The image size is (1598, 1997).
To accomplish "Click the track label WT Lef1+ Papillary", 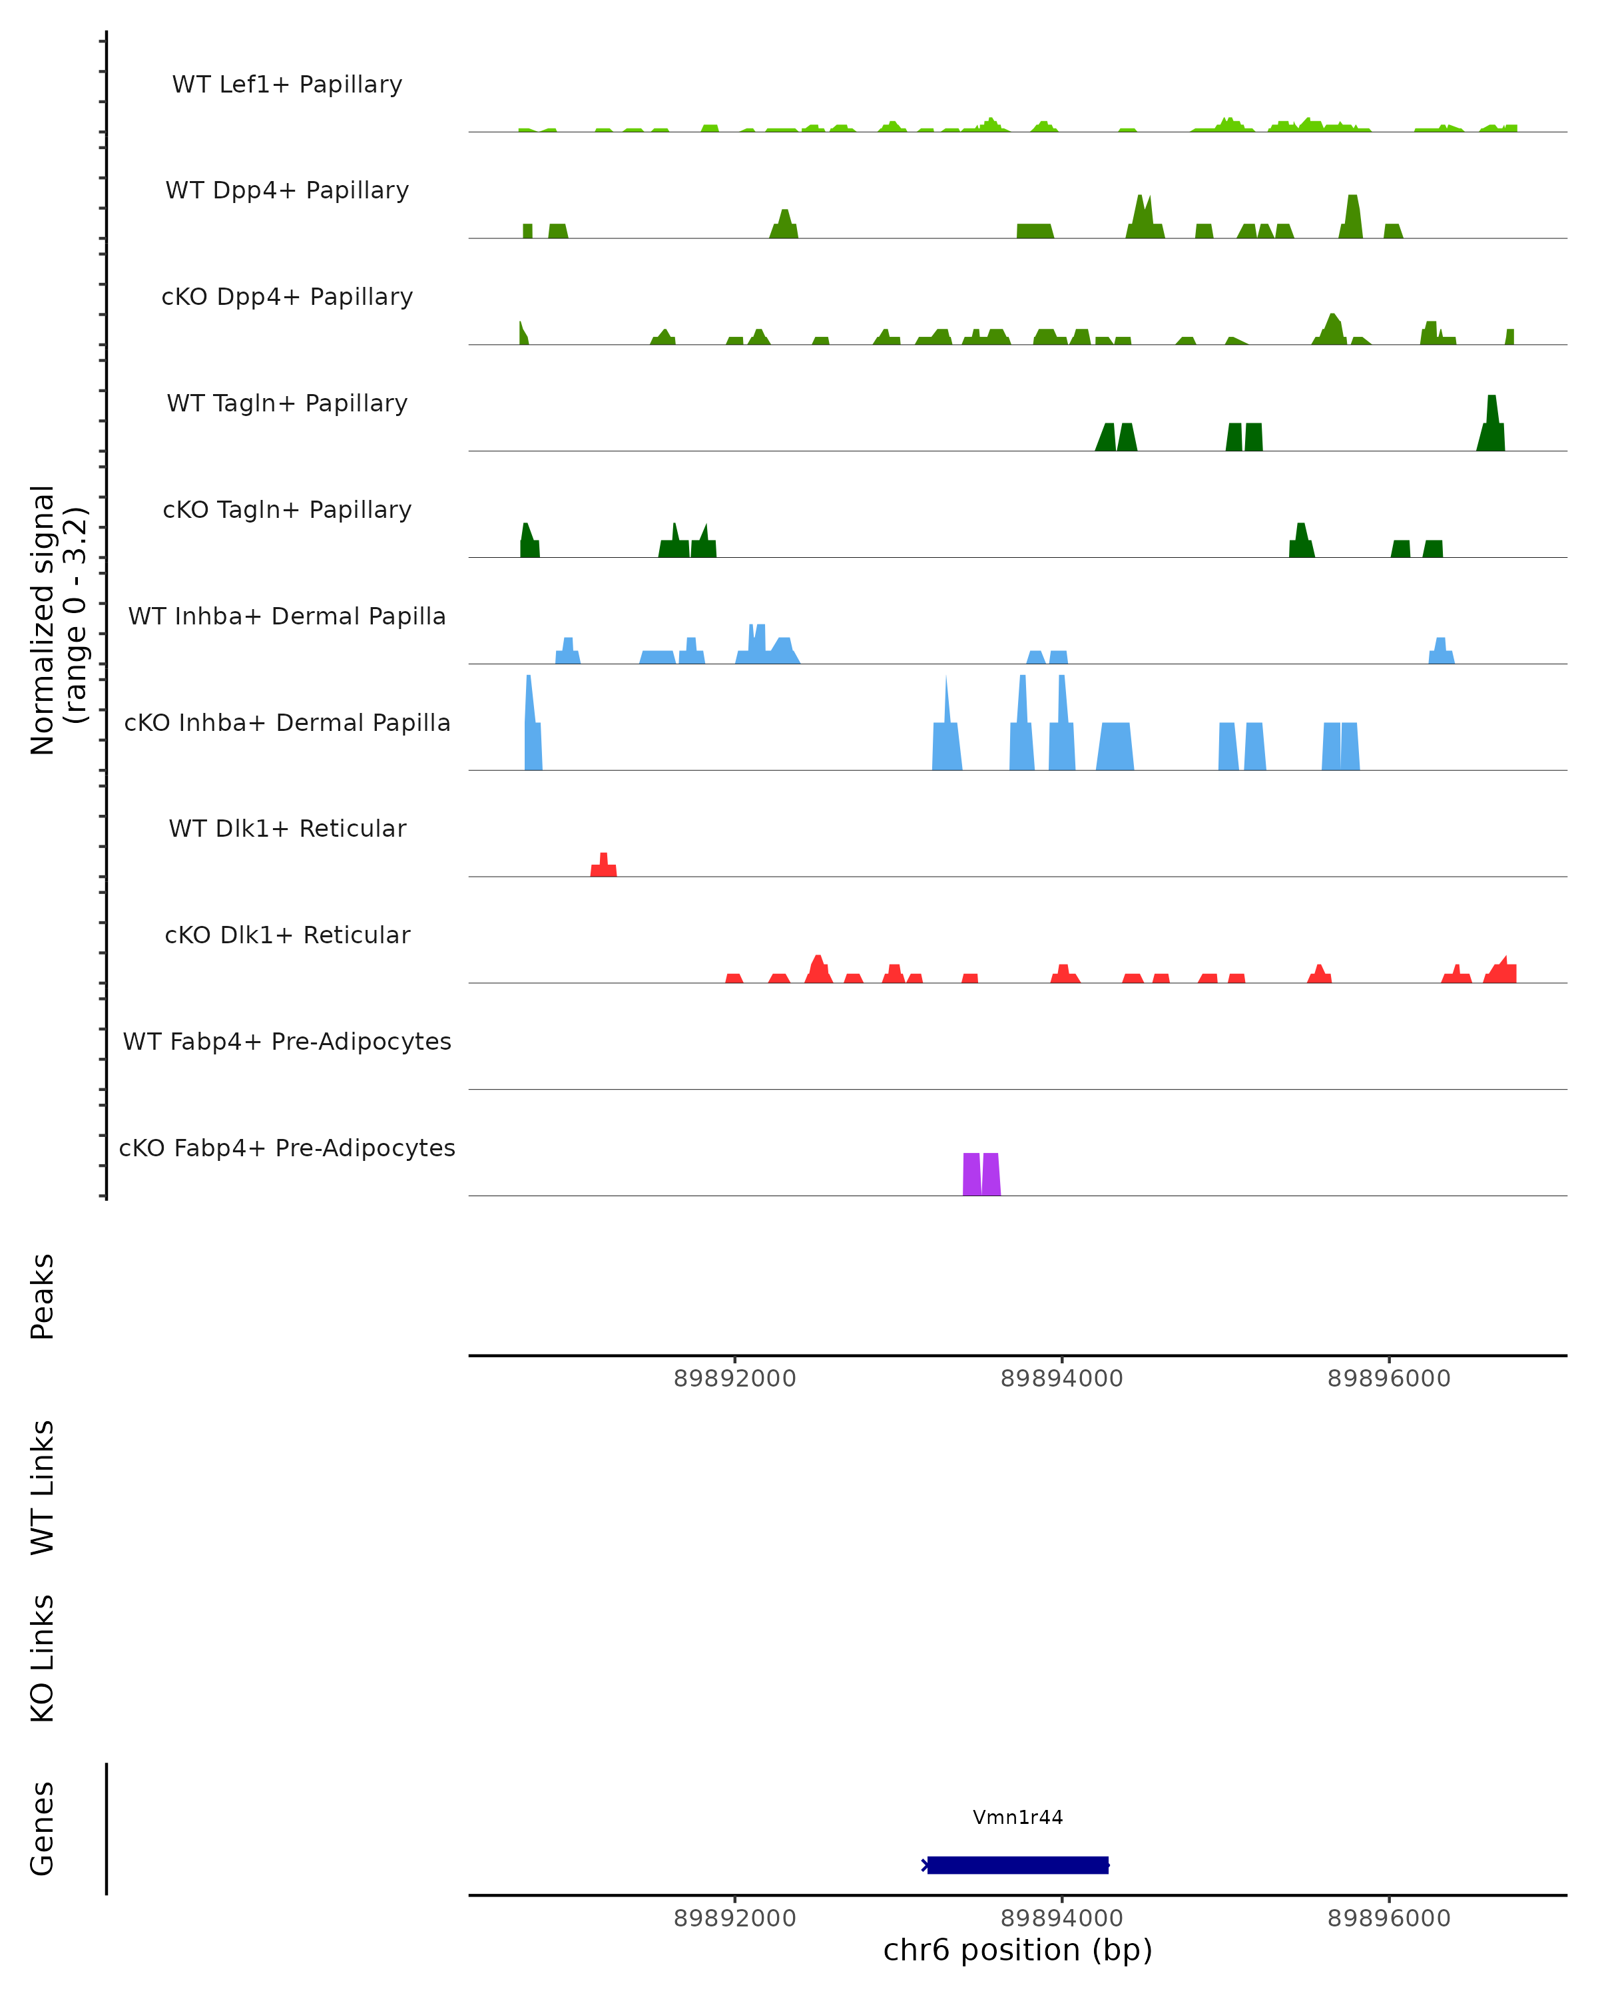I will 287,85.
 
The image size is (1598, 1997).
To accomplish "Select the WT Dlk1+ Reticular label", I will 287,828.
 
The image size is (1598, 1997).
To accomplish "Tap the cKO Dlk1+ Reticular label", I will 287,935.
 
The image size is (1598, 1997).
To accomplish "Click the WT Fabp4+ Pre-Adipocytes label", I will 287,1041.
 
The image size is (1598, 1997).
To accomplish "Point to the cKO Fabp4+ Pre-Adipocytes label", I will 287,1148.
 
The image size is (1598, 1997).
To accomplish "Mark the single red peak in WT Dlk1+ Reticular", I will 604,867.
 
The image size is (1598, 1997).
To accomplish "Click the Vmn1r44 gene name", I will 1017,1817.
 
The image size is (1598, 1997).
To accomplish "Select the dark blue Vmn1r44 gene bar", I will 1017,1865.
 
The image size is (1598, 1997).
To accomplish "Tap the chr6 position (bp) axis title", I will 1017,1950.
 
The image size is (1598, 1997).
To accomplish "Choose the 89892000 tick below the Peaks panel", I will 734,1379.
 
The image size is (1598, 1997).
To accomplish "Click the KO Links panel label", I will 43,1658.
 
